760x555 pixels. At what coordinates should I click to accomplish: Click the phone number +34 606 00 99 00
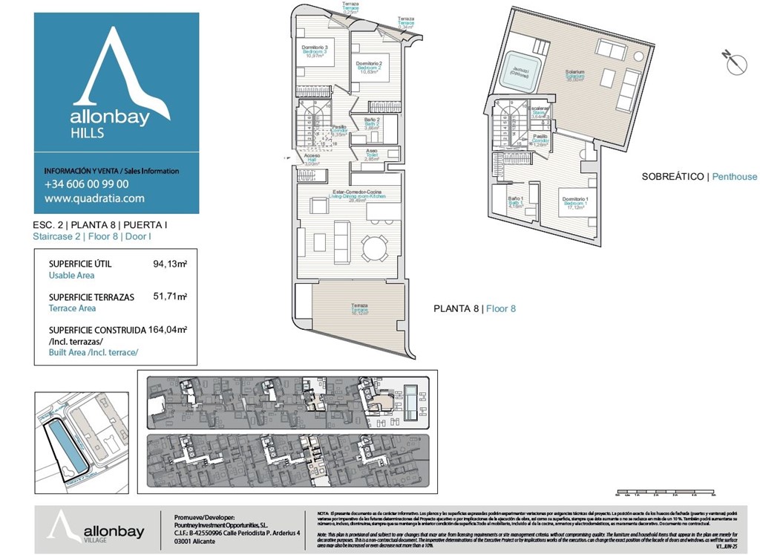[x=87, y=184]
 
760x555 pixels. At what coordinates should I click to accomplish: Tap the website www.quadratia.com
[x=94, y=198]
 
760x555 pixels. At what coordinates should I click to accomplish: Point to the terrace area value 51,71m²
[x=170, y=296]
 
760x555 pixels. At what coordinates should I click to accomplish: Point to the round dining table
[x=375, y=247]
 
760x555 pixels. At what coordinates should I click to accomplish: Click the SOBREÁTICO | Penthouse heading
[x=699, y=176]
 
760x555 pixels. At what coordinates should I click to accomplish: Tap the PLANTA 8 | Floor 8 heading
[x=474, y=308]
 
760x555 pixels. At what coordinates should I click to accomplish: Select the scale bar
[x=665, y=492]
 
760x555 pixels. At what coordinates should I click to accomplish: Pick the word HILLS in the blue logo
[x=87, y=134]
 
